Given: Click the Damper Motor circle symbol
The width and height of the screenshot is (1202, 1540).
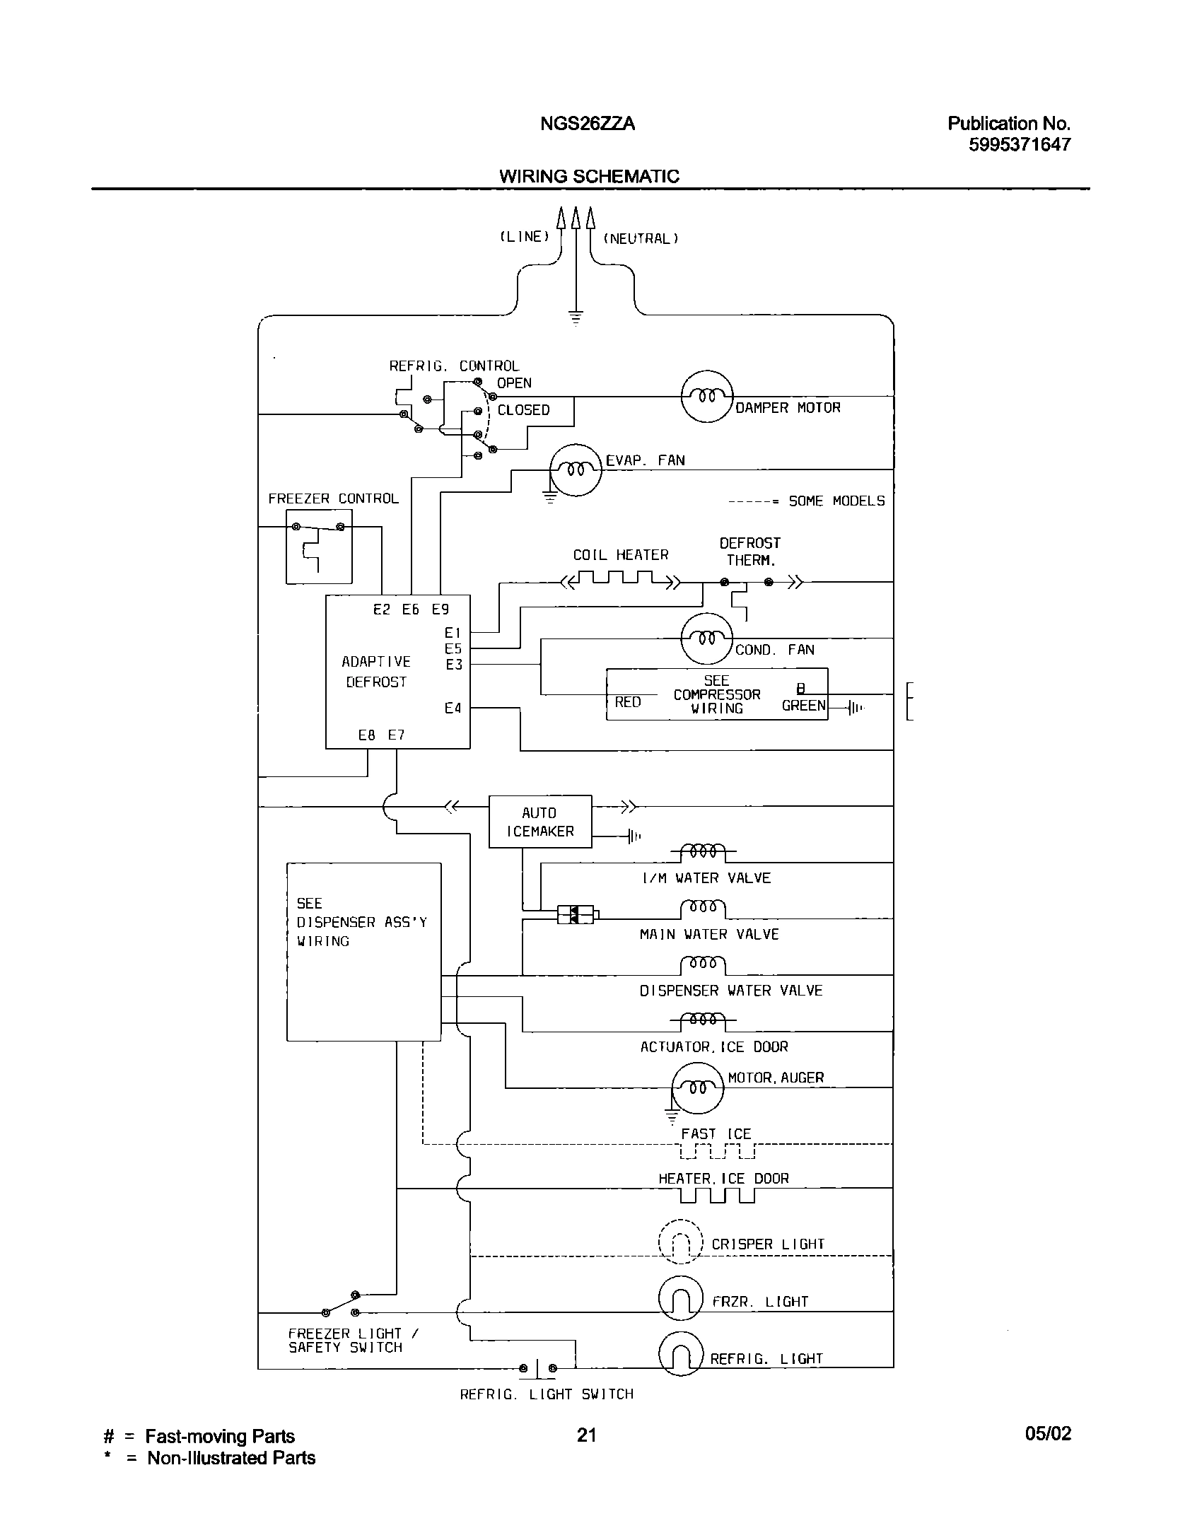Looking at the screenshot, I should (x=707, y=397).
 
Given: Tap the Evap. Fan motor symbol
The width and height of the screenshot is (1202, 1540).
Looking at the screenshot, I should (x=576, y=469).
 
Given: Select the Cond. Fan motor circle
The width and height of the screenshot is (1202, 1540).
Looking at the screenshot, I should (x=706, y=638).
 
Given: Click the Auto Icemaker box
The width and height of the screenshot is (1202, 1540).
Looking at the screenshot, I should (x=540, y=822).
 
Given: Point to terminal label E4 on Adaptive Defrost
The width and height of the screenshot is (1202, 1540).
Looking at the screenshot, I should (x=453, y=708).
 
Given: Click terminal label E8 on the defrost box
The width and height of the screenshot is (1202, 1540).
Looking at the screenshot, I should (x=366, y=735).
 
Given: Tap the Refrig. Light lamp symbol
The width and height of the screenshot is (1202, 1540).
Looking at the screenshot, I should (x=680, y=1354).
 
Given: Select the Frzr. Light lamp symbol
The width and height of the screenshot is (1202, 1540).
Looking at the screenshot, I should (x=680, y=1297).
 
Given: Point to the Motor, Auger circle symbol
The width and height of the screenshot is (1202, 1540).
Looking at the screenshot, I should (x=697, y=1088).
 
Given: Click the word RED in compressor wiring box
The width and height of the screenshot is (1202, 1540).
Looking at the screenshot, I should (x=628, y=702).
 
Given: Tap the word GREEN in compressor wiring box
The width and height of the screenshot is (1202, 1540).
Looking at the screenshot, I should (x=803, y=706).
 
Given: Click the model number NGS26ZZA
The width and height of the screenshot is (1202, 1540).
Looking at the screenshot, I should (x=588, y=124).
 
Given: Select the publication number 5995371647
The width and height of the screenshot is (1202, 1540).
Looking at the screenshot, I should (x=1019, y=145).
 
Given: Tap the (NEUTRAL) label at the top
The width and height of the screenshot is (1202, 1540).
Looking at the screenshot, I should (x=641, y=239).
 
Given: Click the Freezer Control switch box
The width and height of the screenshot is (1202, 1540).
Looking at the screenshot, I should (x=319, y=547).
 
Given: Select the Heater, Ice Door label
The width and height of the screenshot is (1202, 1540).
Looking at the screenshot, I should (x=723, y=1179).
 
